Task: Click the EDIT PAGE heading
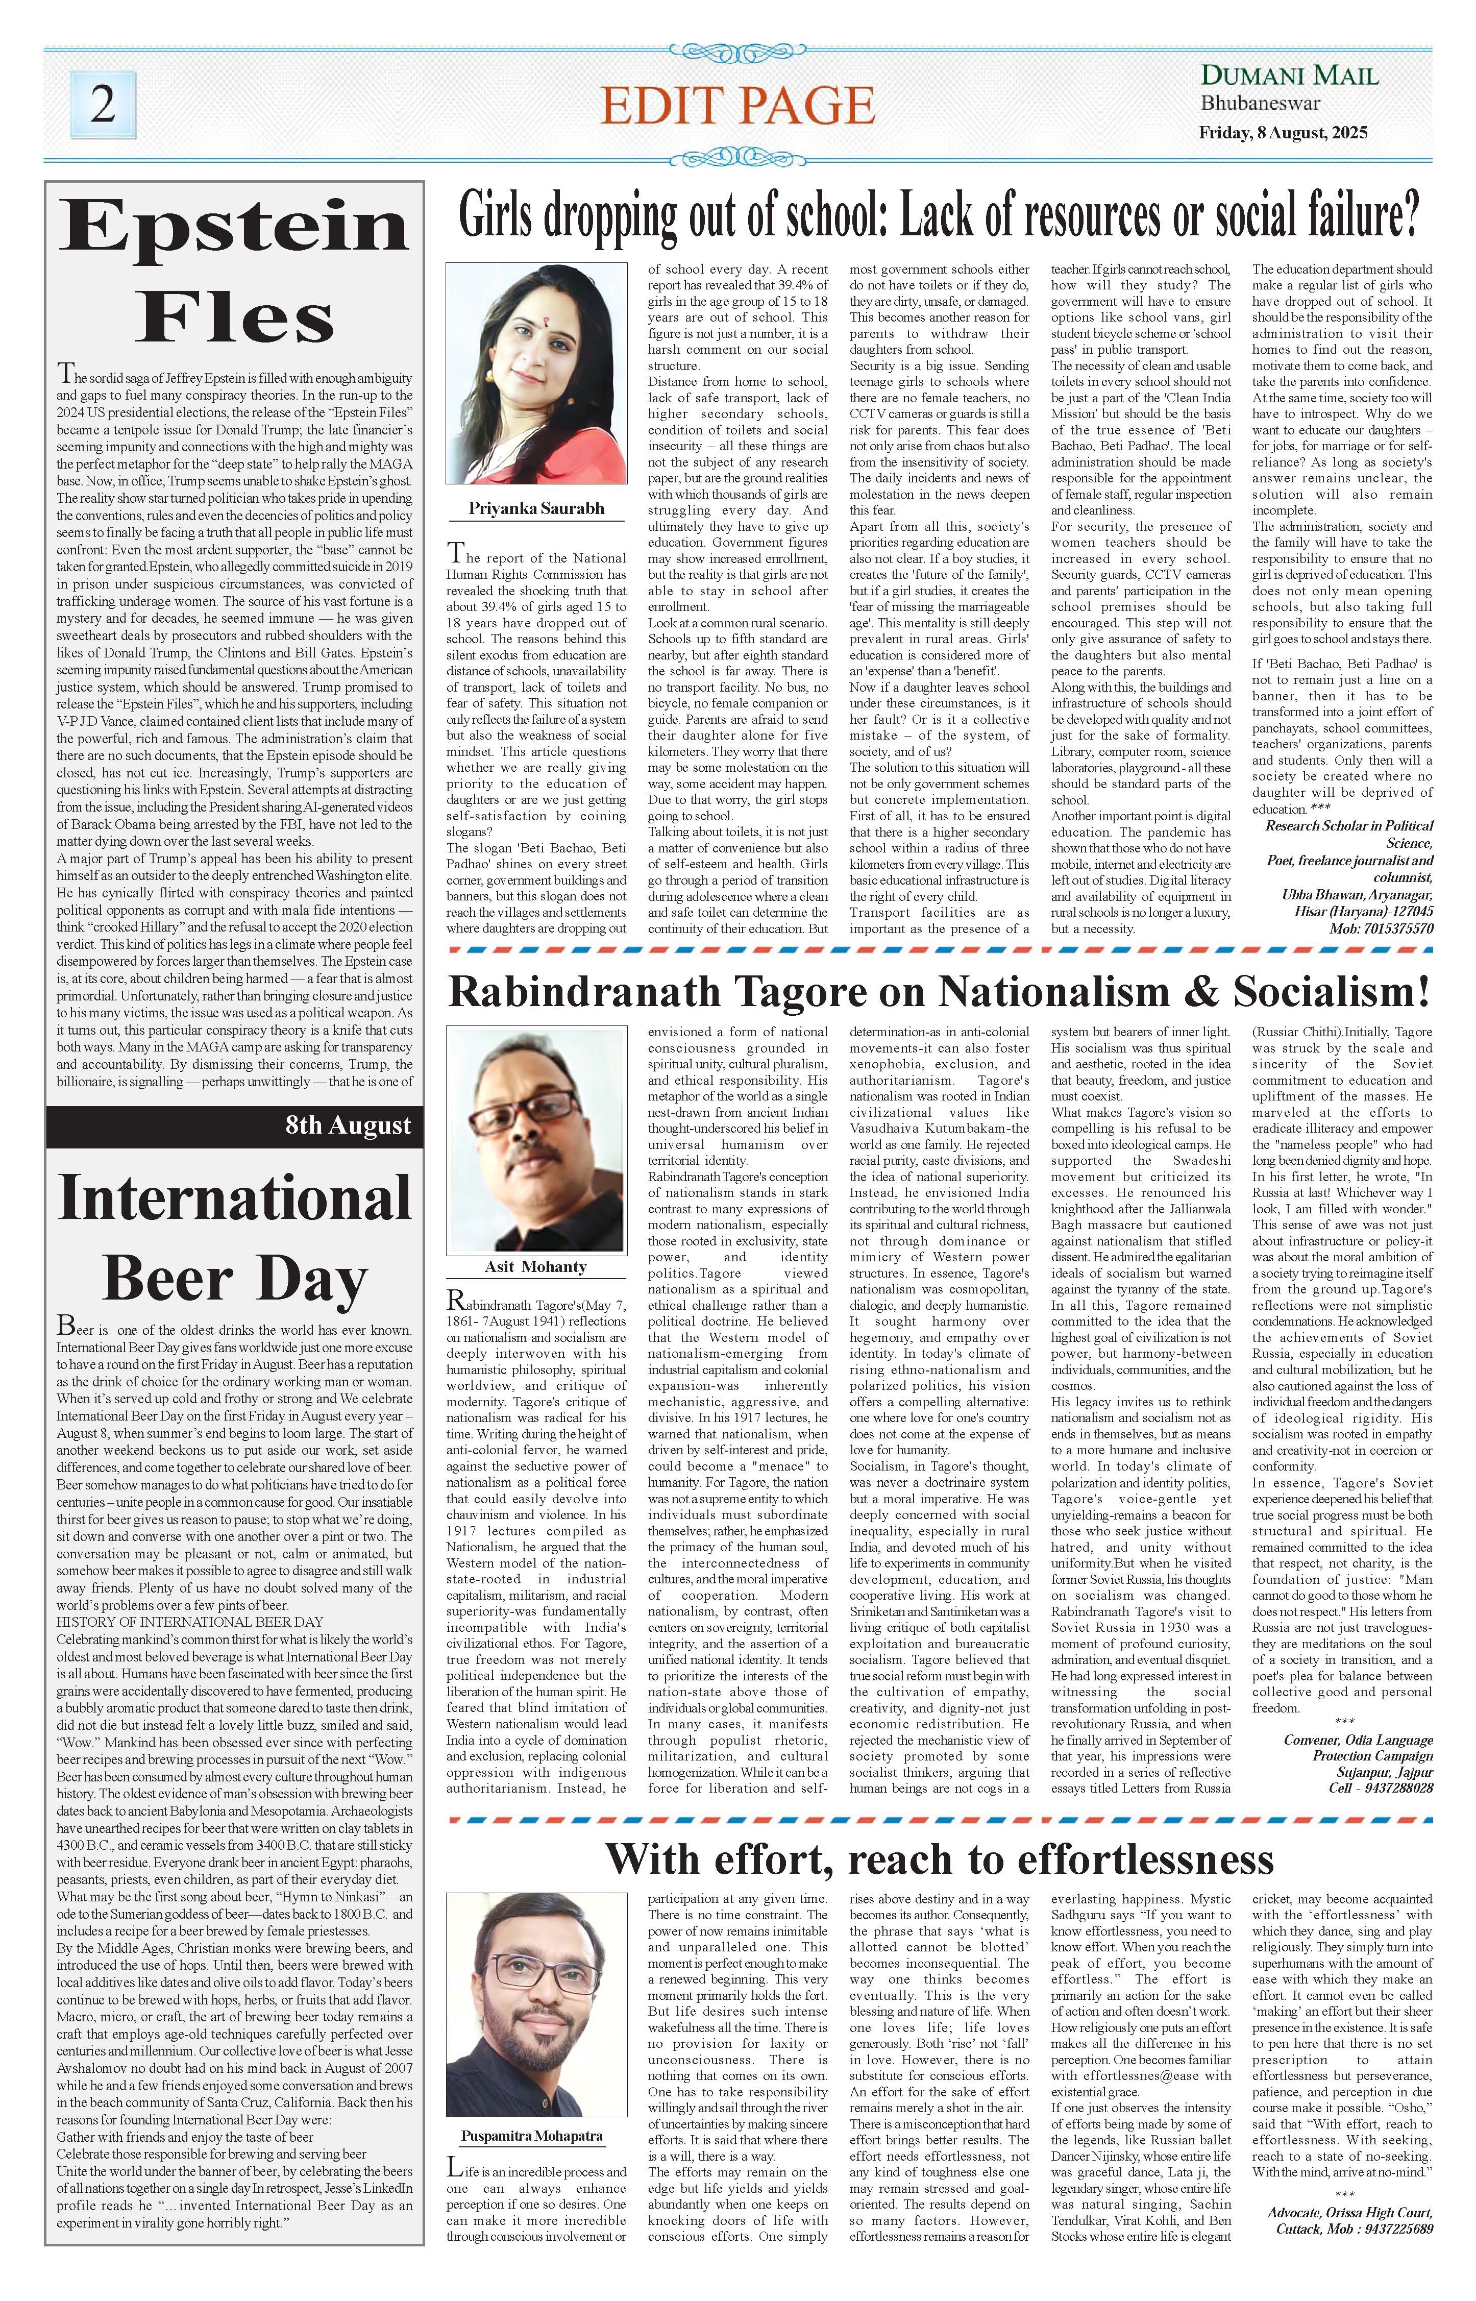point(737,106)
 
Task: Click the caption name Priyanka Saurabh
point(536,508)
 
